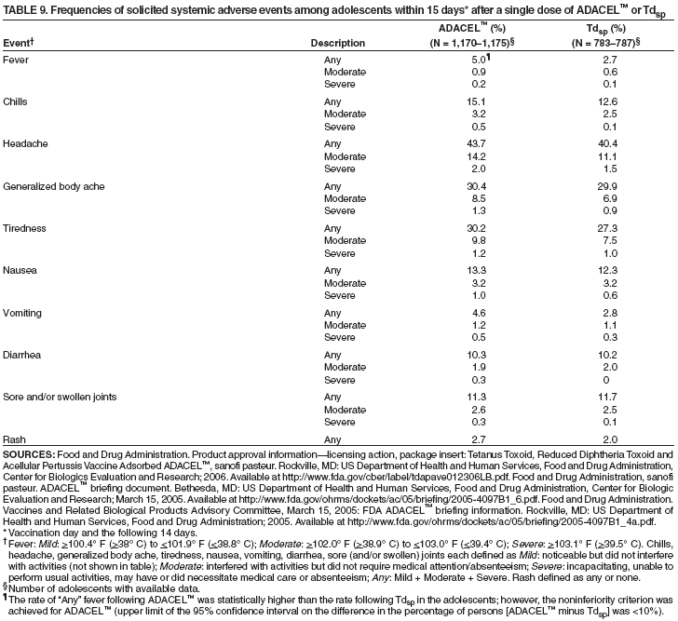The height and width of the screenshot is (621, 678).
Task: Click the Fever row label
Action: coord(17,59)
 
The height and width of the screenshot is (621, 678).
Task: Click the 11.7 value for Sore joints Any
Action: coord(606,396)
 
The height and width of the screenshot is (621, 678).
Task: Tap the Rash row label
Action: coord(14,439)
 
